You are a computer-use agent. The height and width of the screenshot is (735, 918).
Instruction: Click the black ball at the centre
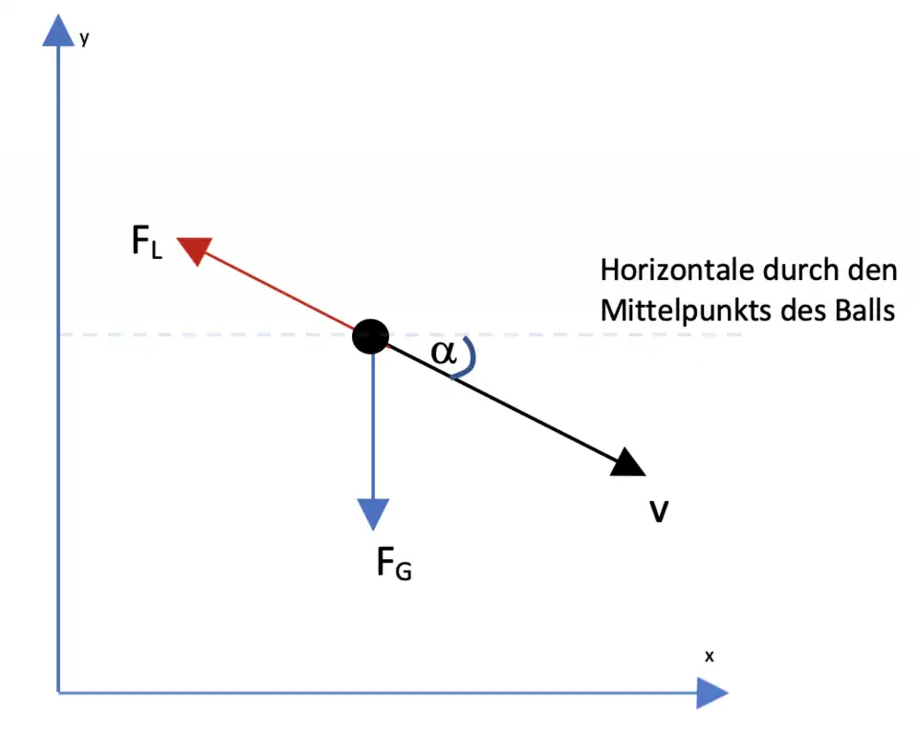(370, 336)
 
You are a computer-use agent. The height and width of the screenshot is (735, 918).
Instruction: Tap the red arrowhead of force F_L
(195, 249)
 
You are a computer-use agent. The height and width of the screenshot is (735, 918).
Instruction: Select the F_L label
(147, 242)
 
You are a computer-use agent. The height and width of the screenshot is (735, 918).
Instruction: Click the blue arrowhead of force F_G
(372, 513)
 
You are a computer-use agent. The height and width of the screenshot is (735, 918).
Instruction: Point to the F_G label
(393, 565)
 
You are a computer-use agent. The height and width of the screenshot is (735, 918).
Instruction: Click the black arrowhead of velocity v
(627, 463)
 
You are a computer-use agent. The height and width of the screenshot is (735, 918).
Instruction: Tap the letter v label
(659, 512)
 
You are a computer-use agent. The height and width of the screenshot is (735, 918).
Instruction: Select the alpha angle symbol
(444, 352)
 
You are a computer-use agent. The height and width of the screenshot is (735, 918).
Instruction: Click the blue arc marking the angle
(469, 357)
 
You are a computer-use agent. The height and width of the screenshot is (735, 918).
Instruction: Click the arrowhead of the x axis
(710, 692)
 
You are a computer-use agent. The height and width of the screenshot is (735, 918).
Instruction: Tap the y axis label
(85, 39)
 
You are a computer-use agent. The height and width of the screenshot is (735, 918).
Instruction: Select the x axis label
(710, 657)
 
